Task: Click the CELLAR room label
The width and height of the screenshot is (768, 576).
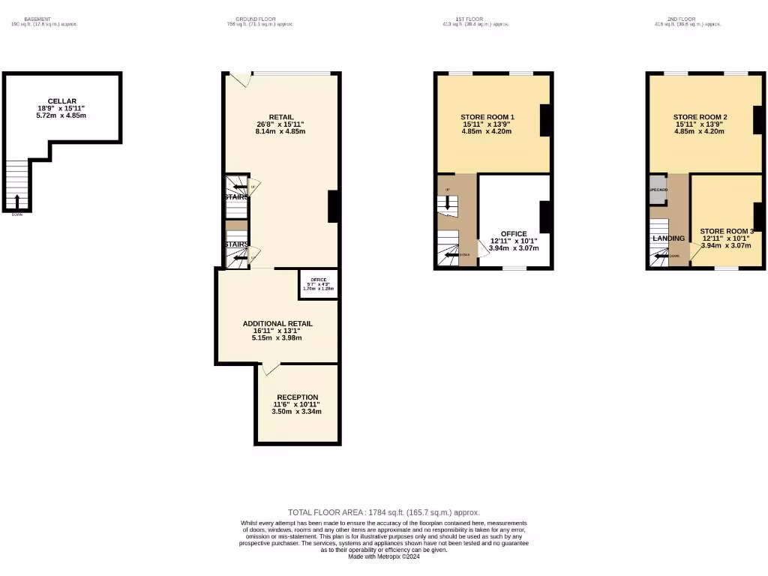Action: (62, 101)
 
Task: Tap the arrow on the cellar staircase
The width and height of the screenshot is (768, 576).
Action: (17, 201)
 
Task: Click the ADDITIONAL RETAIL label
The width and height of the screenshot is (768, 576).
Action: (277, 324)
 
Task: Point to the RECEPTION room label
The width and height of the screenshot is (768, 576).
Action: (297, 397)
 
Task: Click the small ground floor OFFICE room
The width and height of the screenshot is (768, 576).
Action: (319, 283)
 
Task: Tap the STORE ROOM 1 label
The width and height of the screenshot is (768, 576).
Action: (487, 117)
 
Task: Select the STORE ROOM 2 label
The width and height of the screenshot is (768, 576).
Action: (700, 117)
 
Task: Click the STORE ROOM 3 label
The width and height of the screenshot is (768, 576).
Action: (726, 231)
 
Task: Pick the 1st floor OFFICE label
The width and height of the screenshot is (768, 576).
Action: (514, 234)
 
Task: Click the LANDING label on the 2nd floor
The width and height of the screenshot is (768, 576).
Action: (668, 238)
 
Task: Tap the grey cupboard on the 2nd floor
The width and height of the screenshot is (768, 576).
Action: (658, 184)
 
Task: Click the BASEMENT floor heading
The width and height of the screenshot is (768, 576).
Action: (37, 19)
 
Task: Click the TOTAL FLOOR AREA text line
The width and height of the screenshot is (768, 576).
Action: (383, 512)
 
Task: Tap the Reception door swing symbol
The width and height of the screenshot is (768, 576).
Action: (271, 368)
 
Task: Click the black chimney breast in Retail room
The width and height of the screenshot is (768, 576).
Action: (334, 206)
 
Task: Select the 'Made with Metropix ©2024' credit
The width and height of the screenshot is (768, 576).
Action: (383, 556)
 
